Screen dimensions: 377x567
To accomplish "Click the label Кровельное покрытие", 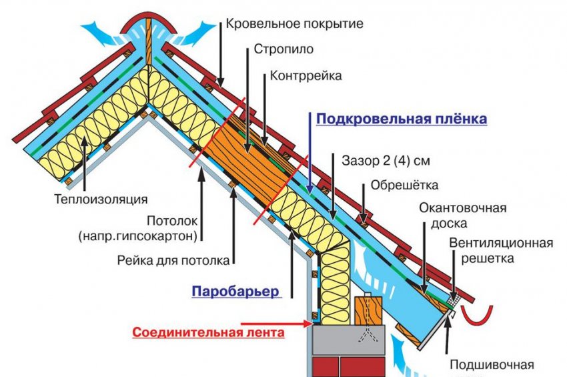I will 294,25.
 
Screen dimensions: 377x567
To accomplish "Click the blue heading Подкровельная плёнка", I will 402,119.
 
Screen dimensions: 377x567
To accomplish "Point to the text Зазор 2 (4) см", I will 382,161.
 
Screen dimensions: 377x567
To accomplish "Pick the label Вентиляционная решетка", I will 500,250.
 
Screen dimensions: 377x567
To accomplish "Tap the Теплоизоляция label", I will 101,198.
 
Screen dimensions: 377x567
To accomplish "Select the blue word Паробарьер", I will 235,292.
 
